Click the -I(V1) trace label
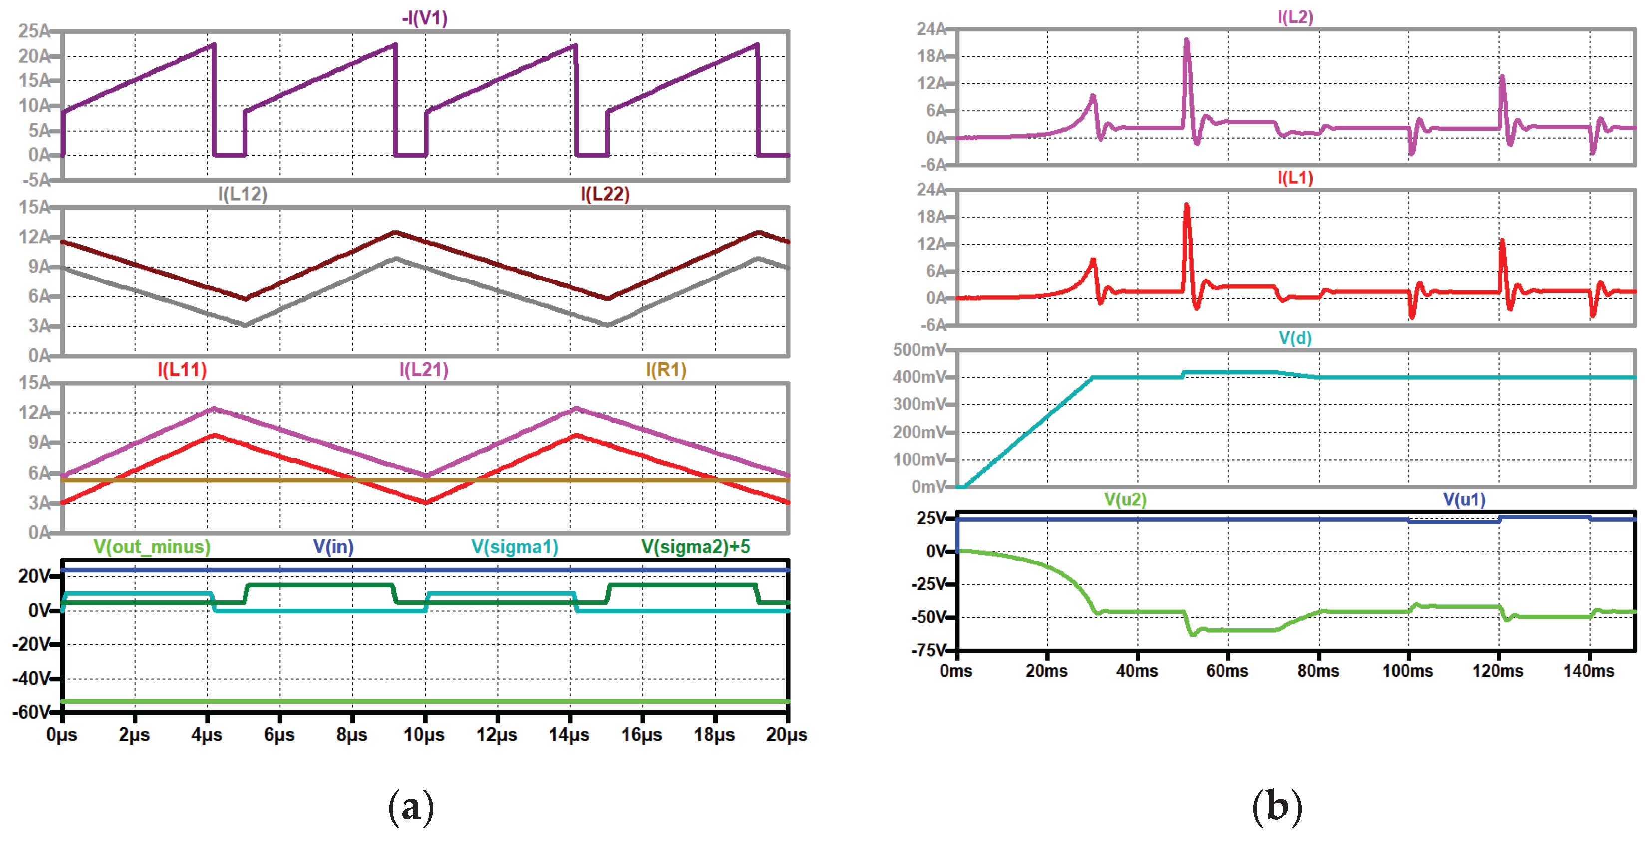424,18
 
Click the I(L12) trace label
242,194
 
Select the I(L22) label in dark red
605,194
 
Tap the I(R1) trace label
666,370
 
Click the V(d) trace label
1295,338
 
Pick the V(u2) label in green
1125,499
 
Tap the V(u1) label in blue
1464,499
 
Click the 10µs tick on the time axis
424,735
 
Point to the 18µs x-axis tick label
714,735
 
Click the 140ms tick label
1588,671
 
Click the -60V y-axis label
31,712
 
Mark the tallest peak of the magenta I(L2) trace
1186,41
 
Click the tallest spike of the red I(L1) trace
1186,206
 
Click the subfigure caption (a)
411,807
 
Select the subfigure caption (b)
1276,807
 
